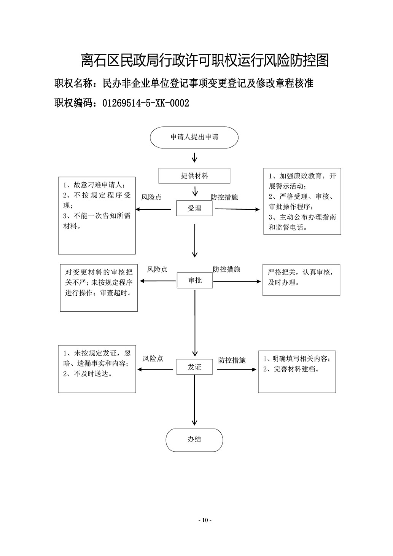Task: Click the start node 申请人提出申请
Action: click(194, 137)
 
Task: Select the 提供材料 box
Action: click(194, 176)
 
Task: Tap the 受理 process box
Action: click(194, 208)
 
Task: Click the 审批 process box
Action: click(195, 280)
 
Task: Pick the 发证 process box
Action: click(194, 366)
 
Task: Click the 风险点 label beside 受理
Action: click(151, 197)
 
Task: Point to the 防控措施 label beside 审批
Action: click(226, 269)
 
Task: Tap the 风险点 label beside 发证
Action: click(153, 358)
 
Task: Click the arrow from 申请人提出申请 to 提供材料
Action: click(194, 158)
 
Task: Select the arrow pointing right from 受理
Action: click(237, 209)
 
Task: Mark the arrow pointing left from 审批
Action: click(158, 281)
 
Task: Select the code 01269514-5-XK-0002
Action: click(146, 103)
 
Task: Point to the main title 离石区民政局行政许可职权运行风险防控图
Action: click(205, 60)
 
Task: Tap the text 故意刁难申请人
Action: click(97, 185)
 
